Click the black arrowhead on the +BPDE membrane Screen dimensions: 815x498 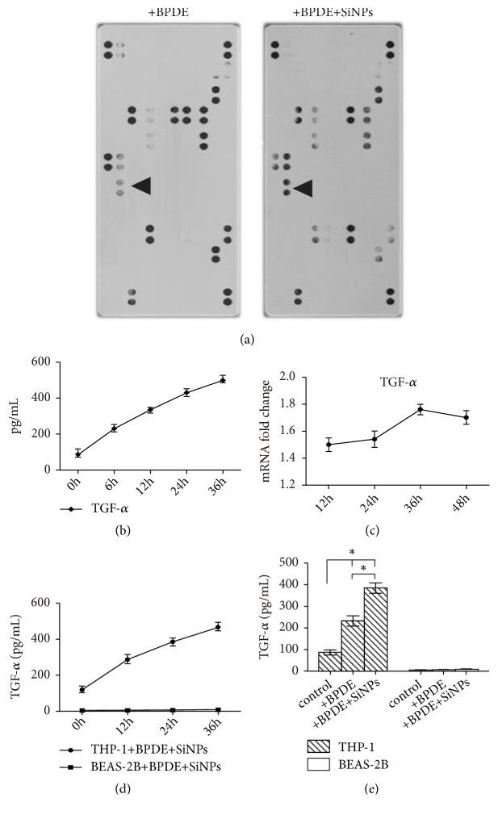click(141, 186)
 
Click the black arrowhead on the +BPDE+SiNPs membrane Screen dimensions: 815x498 click(303, 188)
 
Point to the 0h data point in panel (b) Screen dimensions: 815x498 click(78, 453)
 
